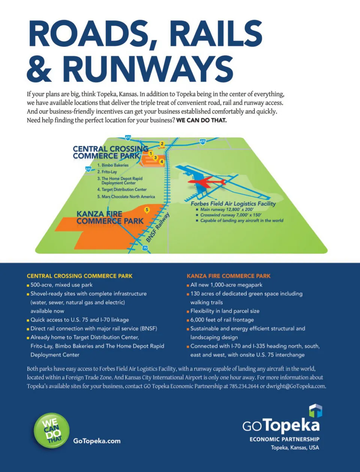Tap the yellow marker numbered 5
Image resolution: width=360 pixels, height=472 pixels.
[x=147, y=210]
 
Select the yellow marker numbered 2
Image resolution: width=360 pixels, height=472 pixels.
[x=162, y=144]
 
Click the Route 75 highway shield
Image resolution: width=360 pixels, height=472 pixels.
[x=145, y=248]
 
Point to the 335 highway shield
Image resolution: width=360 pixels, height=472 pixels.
[x=88, y=169]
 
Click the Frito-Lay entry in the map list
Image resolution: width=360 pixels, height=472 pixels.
[x=109, y=172]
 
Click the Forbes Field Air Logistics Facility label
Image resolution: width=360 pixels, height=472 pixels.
[x=233, y=203]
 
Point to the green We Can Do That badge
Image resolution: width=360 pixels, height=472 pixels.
[x=52, y=430]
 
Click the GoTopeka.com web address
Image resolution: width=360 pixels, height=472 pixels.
[x=97, y=441]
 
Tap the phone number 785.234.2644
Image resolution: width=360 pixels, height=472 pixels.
[x=244, y=386]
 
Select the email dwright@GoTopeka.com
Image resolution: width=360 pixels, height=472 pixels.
[x=295, y=386]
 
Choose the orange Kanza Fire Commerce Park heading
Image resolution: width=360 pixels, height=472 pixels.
[x=228, y=276]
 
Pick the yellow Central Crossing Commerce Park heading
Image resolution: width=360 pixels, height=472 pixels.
[x=79, y=276]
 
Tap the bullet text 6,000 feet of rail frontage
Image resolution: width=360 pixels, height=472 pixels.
[x=222, y=320]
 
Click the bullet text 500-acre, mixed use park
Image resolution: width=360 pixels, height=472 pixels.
[x=61, y=285]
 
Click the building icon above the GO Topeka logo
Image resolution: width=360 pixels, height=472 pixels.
[x=315, y=410]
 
